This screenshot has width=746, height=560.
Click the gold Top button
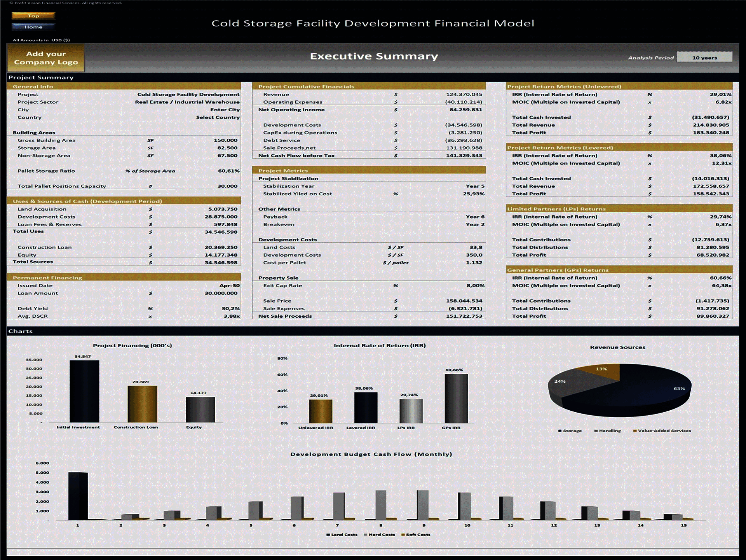(33, 16)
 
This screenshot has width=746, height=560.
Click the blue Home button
(33, 27)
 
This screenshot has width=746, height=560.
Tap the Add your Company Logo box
(46, 58)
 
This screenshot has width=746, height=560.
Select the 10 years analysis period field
(704, 58)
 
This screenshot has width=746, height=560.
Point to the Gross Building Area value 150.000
(225, 140)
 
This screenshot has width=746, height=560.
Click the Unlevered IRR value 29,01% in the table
(720, 94)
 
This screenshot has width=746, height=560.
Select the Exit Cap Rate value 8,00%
(475, 285)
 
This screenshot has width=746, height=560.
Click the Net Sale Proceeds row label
(285, 316)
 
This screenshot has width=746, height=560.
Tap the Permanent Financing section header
(47, 278)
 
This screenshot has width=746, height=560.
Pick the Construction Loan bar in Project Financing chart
(142, 404)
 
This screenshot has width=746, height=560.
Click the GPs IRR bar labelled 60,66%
(456, 399)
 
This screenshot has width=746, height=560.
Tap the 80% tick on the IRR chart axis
(282, 358)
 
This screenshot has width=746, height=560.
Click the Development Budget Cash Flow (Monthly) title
(371, 454)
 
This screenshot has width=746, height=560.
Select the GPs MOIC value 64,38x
(721, 285)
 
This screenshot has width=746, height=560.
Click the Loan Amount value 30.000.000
(221, 293)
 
